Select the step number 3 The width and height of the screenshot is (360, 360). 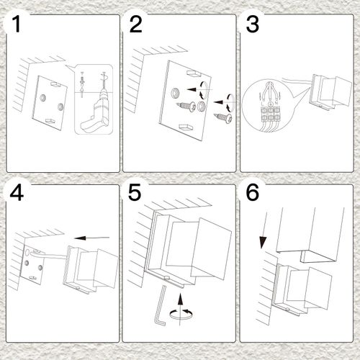point(252,24)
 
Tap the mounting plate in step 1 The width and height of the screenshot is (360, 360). point(50,104)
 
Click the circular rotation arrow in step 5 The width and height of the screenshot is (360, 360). point(180,314)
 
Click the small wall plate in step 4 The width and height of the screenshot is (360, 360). point(32,264)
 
